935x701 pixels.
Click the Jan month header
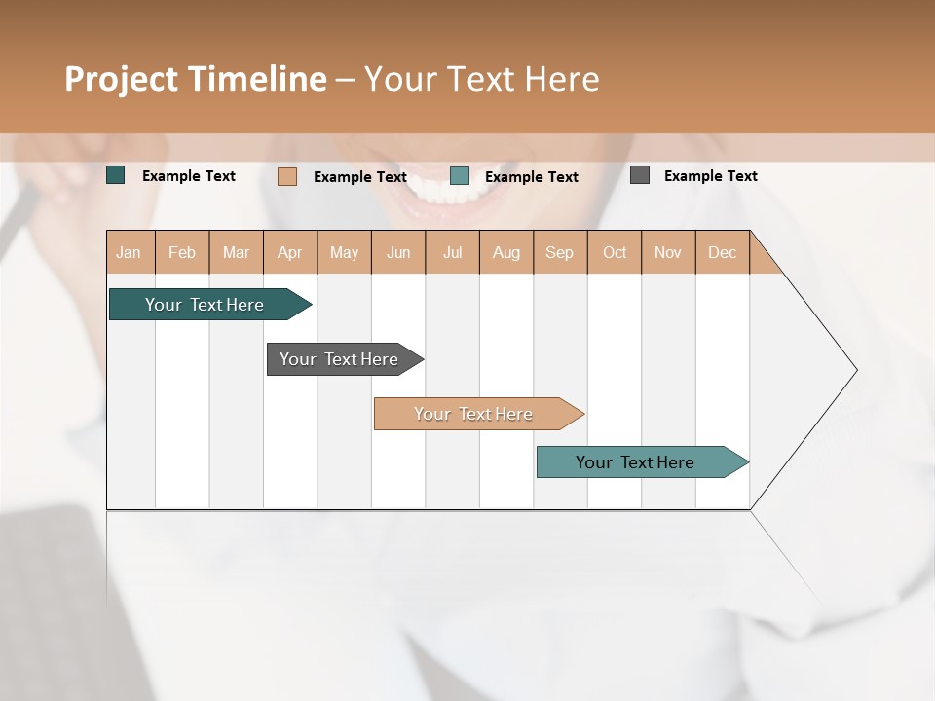(130, 252)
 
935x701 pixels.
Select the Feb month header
(182, 252)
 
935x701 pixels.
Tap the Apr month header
(290, 252)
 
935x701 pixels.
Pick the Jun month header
(398, 252)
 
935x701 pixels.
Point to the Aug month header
(506, 252)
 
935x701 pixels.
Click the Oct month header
(615, 252)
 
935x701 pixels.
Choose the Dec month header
(722, 252)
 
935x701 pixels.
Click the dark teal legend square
(116, 175)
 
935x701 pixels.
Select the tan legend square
(287, 176)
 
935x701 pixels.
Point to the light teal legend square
(460, 175)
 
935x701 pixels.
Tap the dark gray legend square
(640, 175)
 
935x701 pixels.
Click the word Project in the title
(122, 79)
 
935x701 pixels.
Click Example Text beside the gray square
(710, 176)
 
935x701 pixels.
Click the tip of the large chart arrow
(855, 370)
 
